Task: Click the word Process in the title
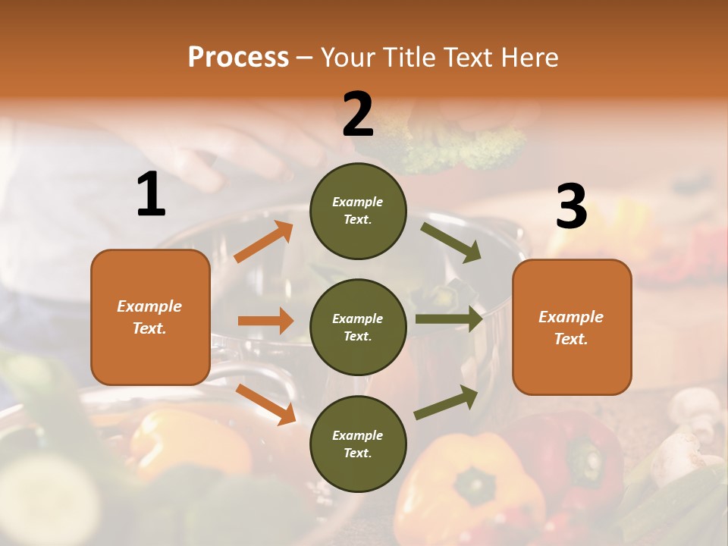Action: (238, 57)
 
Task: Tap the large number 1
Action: (151, 195)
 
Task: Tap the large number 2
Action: (358, 115)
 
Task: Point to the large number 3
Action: (571, 207)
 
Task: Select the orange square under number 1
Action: (150, 317)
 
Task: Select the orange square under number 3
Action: (572, 327)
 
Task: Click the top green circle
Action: (358, 211)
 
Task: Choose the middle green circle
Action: (358, 327)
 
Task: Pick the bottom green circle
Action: (358, 444)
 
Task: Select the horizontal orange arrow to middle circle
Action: (265, 321)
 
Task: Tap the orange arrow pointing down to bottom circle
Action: (266, 403)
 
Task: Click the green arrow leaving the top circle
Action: (451, 242)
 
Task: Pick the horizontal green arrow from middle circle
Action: (448, 319)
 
